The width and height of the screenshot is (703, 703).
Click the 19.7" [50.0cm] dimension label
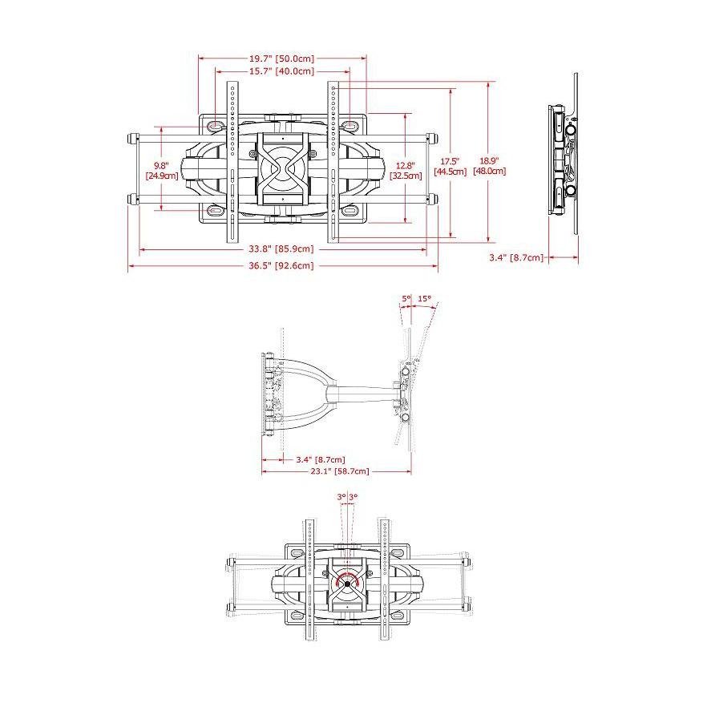click(x=282, y=59)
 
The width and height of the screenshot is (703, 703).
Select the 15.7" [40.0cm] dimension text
click(x=282, y=71)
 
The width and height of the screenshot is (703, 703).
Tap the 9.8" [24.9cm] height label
click(x=161, y=171)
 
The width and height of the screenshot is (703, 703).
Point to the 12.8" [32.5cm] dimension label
click(x=406, y=171)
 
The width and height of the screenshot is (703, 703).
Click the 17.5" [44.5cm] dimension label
click(x=450, y=166)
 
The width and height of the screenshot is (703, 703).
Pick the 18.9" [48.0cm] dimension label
click(x=490, y=166)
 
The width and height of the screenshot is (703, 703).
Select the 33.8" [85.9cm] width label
click(x=281, y=248)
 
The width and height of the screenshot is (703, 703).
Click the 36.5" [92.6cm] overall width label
click(x=281, y=265)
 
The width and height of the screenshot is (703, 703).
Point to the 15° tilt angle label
click(x=424, y=298)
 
